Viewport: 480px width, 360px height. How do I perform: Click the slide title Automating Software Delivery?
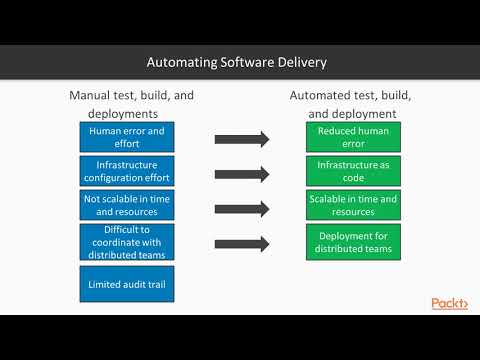click(x=237, y=62)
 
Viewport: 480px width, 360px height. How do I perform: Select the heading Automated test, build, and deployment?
click(x=351, y=103)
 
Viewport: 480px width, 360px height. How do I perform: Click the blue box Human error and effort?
click(x=127, y=137)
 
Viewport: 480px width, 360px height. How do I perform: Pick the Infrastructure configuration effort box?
click(x=127, y=171)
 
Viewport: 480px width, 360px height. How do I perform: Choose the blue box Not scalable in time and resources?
click(x=127, y=205)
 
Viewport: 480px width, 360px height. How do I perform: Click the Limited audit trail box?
click(x=127, y=283)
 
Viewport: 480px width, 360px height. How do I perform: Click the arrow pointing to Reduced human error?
click(x=241, y=139)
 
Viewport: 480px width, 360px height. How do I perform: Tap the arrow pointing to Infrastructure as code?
click(x=241, y=173)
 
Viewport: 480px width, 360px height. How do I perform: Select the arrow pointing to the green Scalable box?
click(x=241, y=208)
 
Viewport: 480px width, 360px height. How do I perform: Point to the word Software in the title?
click(x=243, y=62)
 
